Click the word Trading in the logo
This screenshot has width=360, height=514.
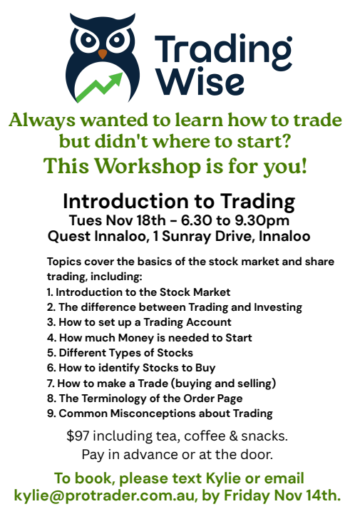coord(222,48)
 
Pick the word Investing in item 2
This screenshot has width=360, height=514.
coord(273,307)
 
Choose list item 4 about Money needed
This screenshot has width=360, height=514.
coord(150,337)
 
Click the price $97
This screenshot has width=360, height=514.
coord(79,435)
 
